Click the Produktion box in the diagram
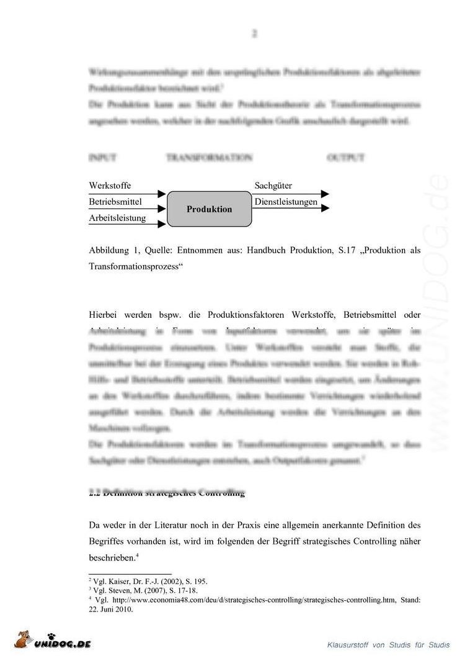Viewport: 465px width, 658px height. click(210, 209)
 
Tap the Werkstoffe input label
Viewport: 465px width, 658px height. click(110, 186)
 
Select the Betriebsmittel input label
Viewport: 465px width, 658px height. click(115, 202)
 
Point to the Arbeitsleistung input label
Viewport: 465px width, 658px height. click(117, 218)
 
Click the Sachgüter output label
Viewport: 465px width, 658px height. click(273, 186)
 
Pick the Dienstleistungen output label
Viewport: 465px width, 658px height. click(286, 202)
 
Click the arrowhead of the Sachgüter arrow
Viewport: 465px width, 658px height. click(325, 194)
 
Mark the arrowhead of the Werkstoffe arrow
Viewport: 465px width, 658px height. click(162, 194)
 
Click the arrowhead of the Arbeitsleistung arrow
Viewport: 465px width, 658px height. click(162, 223)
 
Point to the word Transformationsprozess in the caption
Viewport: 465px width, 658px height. click(136, 266)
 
